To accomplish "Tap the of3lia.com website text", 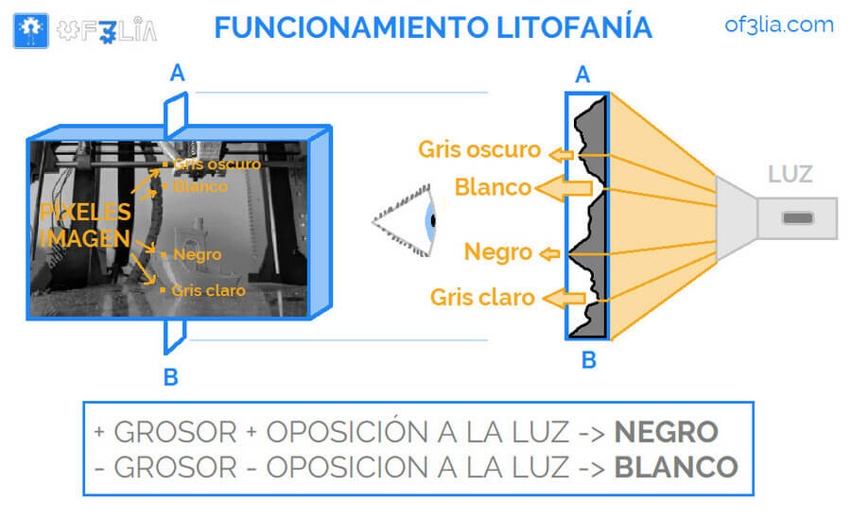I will point(779,25).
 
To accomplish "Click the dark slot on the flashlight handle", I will point(797,218).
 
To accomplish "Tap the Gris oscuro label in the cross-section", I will point(479,149).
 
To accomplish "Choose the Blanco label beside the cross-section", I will point(493,187).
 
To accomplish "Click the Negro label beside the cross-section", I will point(497,252).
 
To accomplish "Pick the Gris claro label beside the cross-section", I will point(482,298).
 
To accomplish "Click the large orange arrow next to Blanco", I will point(565,189).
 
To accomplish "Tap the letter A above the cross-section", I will point(582,74).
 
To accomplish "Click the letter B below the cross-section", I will point(588,360).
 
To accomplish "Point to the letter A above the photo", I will point(177,73).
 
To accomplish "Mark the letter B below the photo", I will point(170,377).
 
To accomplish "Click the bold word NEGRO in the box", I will point(666,432).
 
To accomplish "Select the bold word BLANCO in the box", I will point(675,467).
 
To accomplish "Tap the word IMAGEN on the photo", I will point(85,239).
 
